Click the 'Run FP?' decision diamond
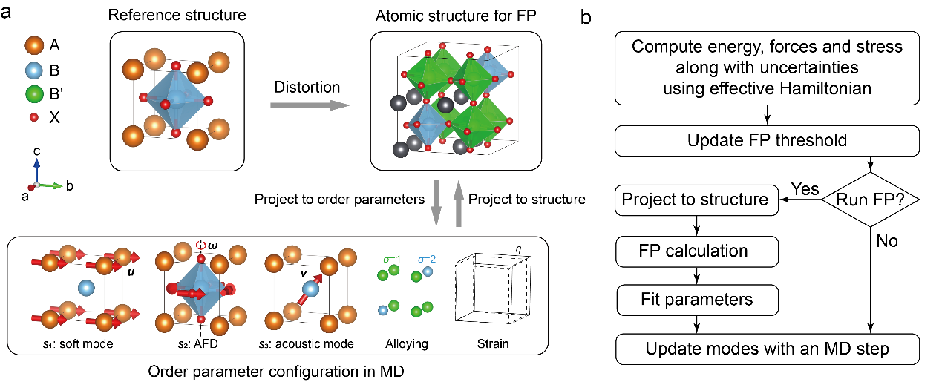click(x=870, y=199)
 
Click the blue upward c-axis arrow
click(x=36, y=159)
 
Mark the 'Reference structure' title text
click(x=177, y=15)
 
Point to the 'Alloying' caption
click(x=404, y=343)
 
